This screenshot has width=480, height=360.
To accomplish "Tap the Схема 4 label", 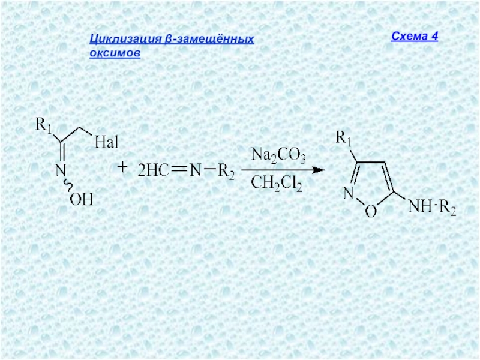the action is tap(415, 36).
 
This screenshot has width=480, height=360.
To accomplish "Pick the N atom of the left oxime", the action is tap(61, 171).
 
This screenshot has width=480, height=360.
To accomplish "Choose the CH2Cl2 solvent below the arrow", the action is tap(277, 182).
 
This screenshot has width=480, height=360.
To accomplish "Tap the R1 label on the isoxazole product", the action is tap(344, 139).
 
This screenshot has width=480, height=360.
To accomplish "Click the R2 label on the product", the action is tap(448, 209).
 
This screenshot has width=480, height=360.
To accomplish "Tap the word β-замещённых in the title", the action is tap(209, 40).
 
